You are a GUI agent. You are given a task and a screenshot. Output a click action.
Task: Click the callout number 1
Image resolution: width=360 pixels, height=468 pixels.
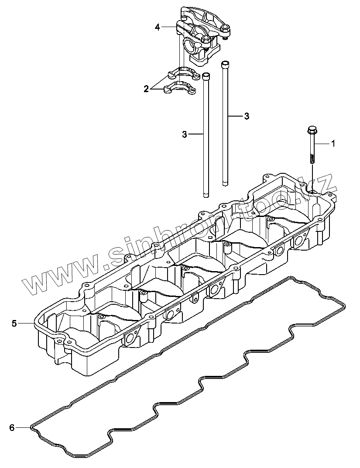[x=333, y=143]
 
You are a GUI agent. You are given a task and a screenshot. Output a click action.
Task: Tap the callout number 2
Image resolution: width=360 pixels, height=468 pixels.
[x=146, y=89]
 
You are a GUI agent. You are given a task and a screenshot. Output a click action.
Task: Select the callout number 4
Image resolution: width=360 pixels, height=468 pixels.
[x=158, y=27]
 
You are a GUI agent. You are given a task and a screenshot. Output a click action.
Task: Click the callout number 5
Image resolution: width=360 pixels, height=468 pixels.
[x=14, y=323]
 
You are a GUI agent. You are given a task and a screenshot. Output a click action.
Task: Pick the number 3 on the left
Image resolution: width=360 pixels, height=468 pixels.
[x=184, y=134]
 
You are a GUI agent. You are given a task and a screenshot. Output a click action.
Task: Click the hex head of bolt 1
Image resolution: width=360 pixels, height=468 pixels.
[x=312, y=130]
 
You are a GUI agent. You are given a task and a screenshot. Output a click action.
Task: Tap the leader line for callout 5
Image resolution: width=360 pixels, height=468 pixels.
[x=27, y=323]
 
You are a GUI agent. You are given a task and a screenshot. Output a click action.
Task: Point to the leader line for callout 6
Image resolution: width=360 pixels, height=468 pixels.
[x=24, y=427]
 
